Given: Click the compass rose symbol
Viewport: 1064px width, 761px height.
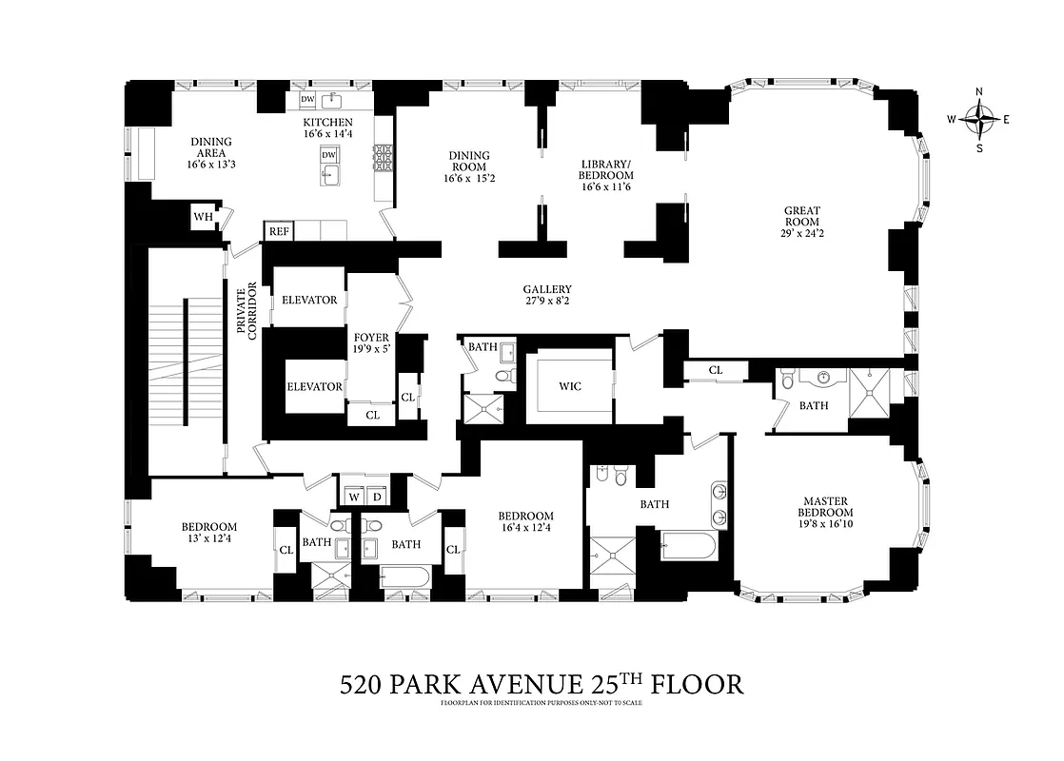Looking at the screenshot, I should tap(979, 120).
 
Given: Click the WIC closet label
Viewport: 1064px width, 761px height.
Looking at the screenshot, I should tap(570, 386).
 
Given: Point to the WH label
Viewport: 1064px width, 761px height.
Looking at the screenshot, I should tap(203, 217).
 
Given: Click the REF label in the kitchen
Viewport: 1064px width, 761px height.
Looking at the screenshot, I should tap(278, 231).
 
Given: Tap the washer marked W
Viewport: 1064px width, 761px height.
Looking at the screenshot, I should tap(353, 496).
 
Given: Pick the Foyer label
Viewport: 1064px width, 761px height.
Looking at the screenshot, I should tap(371, 337).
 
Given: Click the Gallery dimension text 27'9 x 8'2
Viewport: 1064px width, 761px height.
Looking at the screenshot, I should tap(546, 302).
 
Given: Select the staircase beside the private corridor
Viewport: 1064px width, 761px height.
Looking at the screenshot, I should tap(185, 361).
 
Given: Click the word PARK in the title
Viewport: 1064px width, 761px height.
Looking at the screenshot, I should tap(452, 684).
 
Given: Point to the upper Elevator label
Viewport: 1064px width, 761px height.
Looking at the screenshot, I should tap(309, 300).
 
